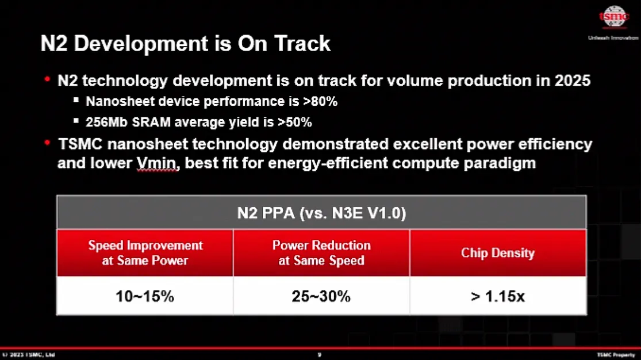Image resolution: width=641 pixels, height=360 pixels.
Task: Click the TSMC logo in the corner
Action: click(614, 18)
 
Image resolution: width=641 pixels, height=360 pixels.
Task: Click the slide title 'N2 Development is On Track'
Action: click(185, 44)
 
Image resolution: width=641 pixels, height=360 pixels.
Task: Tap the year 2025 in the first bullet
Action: click(572, 81)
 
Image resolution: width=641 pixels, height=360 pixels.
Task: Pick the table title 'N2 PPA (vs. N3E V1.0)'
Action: click(321, 213)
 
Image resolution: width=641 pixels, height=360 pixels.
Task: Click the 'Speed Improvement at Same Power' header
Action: click(145, 252)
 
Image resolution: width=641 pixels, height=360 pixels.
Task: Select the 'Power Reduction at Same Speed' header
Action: click(321, 252)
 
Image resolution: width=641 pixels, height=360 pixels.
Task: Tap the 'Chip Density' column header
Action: click(497, 253)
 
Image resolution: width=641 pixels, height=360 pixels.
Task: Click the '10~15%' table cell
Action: click(145, 297)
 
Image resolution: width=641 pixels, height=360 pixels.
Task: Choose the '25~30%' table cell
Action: click(321, 297)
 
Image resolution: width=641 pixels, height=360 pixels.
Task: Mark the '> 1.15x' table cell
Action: click(497, 297)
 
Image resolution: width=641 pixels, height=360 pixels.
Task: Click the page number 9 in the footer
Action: click(320, 355)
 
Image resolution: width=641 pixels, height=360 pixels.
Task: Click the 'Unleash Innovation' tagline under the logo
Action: click(613, 38)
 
